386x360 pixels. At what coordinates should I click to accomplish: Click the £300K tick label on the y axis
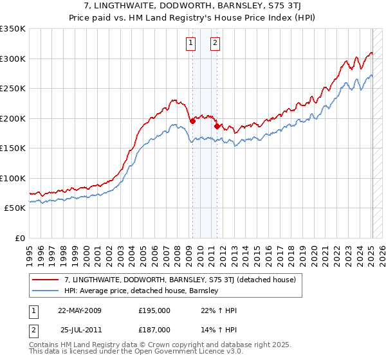[x=13, y=59]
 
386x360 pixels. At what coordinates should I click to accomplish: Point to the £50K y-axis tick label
[x=15, y=208]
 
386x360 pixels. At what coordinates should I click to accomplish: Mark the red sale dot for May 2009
[x=192, y=121]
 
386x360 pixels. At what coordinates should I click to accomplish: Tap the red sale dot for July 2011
[x=217, y=126]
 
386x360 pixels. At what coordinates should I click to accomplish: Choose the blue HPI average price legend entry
[x=142, y=291]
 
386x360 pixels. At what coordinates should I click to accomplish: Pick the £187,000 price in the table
[x=154, y=329]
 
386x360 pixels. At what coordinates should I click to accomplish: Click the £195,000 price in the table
[x=154, y=310]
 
